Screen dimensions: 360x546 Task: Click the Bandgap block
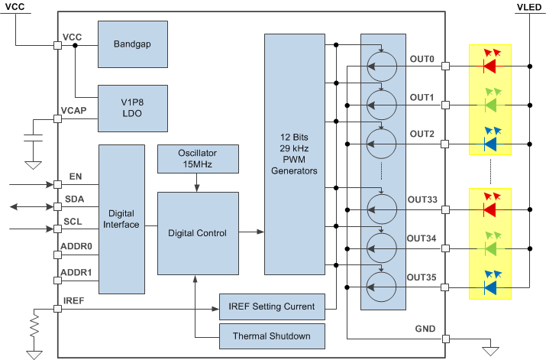coord(133,44)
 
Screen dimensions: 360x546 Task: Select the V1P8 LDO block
coord(133,108)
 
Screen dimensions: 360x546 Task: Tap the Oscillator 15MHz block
coord(197,158)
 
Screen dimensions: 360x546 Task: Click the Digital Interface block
coord(121,219)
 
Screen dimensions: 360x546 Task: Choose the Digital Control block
coord(197,233)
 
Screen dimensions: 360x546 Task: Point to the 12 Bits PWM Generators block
coord(293,154)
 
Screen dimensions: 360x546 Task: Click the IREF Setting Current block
coord(271,306)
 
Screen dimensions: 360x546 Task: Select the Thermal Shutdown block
coord(271,334)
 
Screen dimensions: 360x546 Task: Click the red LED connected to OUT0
coord(489,66)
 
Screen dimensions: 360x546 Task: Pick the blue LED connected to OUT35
coord(489,287)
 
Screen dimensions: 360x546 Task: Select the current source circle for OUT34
coord(383,247)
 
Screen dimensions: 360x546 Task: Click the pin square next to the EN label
coord(57,184)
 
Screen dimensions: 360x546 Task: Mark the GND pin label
coord(425,329)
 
